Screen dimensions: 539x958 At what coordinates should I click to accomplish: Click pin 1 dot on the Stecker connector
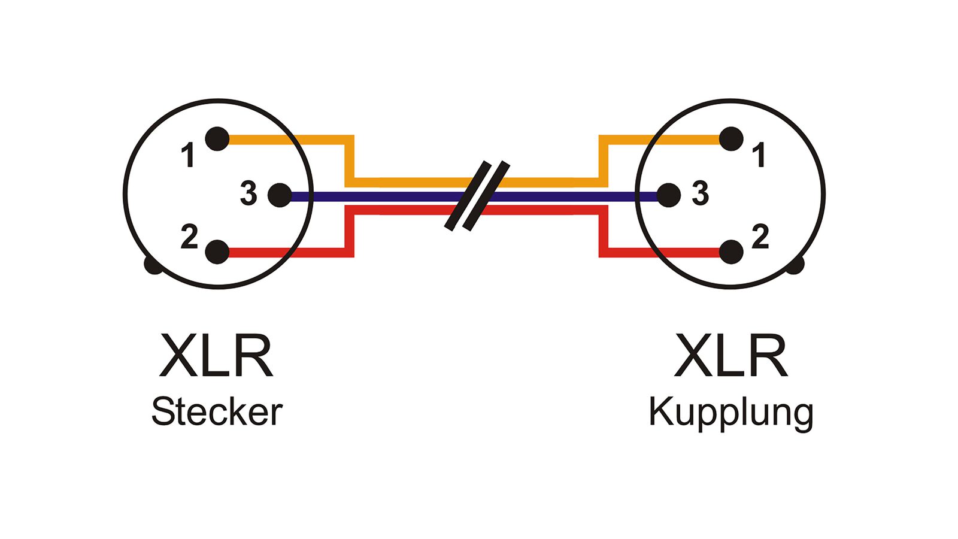[x=217, y=139]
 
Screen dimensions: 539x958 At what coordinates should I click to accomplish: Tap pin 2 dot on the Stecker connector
[x=217, y=252]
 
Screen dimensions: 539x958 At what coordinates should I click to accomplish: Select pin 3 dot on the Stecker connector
[x=280, y=195]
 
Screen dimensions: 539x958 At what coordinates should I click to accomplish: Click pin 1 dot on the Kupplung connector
[x=731, y=139]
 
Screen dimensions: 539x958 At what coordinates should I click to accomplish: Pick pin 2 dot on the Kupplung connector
[x=731, y=252]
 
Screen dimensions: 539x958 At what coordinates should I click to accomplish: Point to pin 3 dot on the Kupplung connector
[x=668, y=195]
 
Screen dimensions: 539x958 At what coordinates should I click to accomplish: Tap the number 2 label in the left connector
[x=189, y=237]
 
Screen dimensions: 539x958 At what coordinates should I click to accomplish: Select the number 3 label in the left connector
[x=248, y=193]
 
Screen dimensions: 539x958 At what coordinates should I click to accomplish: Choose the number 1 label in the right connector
[x=760, y=155]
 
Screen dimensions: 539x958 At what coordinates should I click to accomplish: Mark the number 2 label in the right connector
[x=760, y=237]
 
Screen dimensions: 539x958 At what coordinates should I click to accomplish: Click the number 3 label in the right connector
[x=700, y=193]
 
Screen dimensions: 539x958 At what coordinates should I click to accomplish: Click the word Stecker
[x=217, y=412]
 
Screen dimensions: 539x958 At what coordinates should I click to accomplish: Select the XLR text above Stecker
[x=217, y=356]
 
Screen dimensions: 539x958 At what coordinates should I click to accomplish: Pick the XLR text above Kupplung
[x=730, y=356]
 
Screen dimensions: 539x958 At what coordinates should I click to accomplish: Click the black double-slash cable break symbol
[x=477, y=196]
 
